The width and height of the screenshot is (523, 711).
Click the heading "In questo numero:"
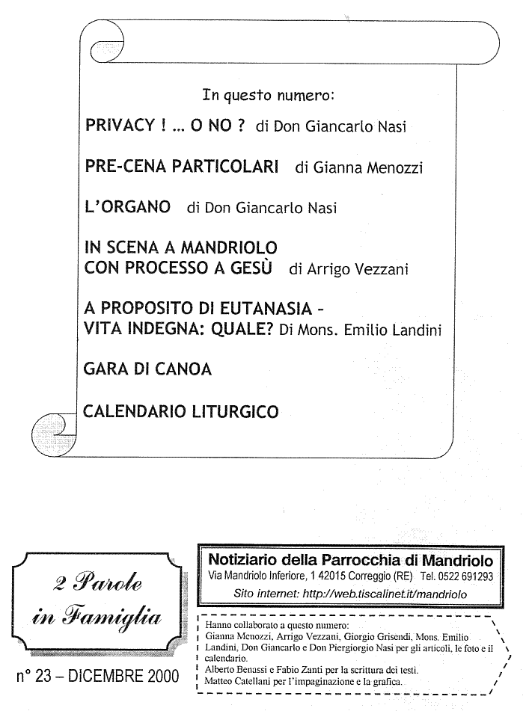pos(268,96)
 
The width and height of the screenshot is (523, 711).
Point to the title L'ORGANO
pos(127,207)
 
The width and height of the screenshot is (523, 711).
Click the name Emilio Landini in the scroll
pos(394,330)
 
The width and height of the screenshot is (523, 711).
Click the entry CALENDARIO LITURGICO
pos(182,410)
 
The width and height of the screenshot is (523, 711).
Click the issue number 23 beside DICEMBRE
pos(41,677)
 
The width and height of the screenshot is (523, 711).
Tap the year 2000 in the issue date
pos(160,677)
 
